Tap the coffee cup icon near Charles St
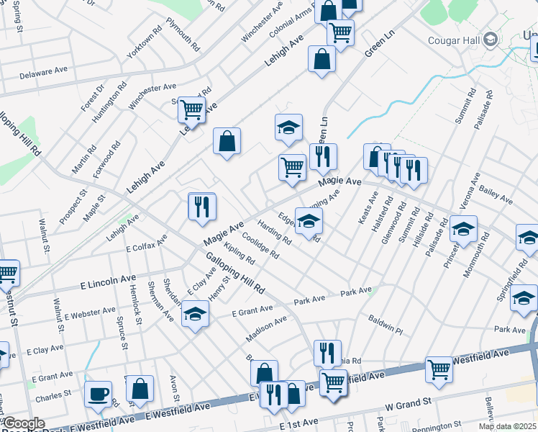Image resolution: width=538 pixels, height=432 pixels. click(98, 395)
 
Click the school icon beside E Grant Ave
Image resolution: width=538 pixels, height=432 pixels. click(195, 315)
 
